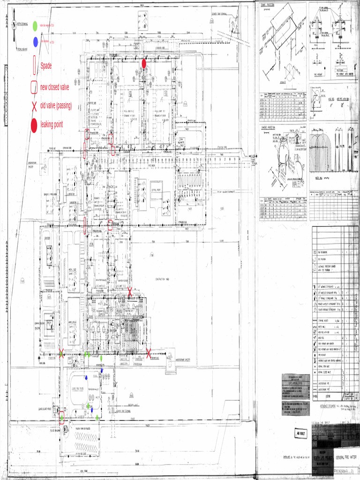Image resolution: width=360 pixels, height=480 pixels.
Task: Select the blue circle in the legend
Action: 36,42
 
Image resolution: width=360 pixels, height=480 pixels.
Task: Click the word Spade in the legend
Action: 46,66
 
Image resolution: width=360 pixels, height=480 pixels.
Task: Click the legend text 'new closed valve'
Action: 54,87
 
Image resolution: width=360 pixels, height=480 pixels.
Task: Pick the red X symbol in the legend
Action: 34,106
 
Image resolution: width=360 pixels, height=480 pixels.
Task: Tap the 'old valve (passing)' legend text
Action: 56,106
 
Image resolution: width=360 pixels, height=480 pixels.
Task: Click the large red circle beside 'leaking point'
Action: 34,125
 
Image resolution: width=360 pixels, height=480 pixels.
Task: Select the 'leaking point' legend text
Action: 52,125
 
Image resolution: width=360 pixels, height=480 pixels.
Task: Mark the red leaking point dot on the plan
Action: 144,63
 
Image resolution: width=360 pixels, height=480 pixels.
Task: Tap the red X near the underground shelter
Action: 149,353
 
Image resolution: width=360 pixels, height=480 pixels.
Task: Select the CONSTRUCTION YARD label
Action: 165,279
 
